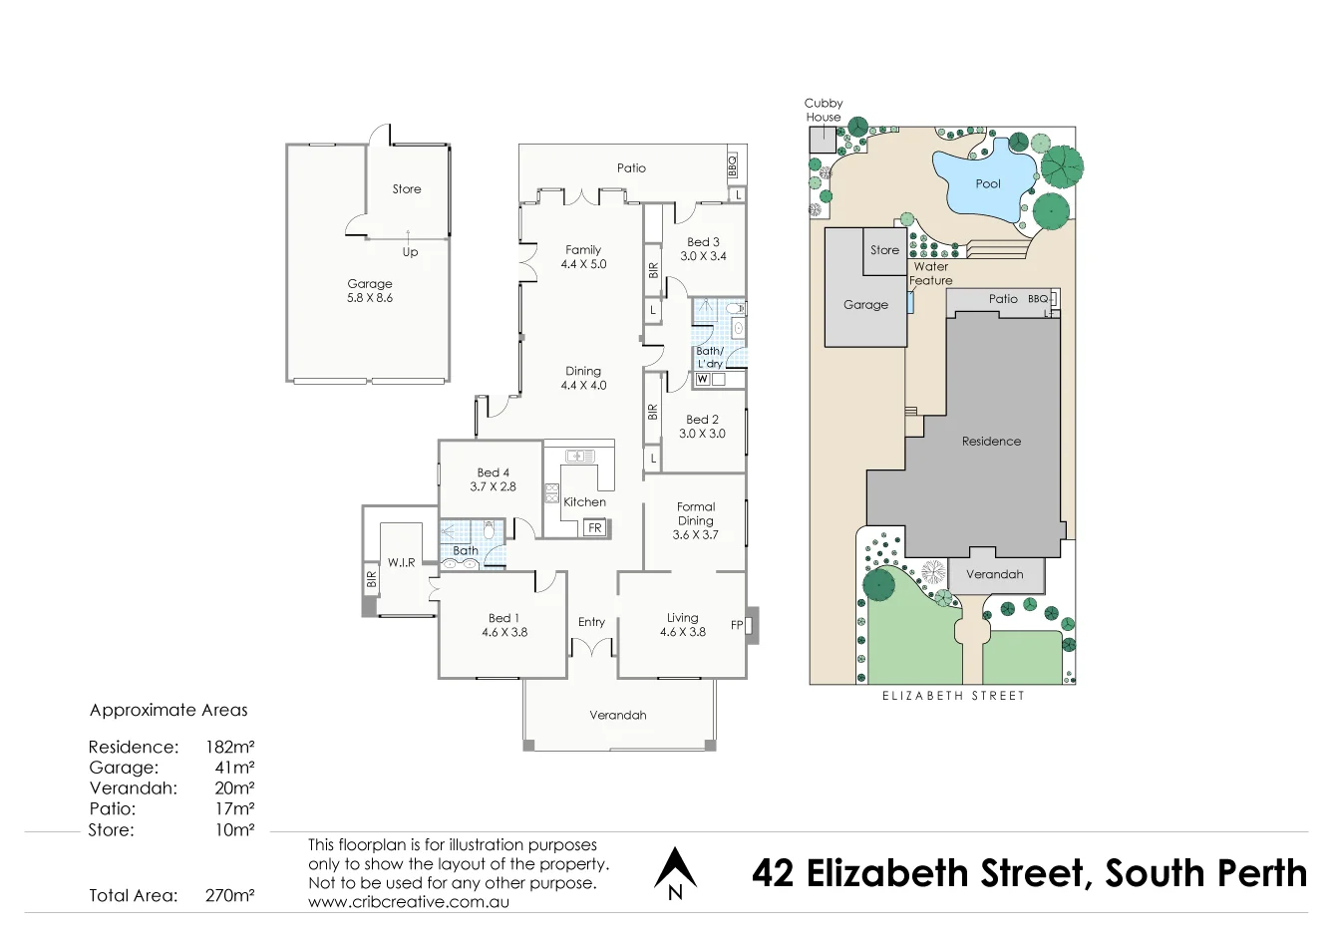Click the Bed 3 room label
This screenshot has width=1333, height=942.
[703, 242]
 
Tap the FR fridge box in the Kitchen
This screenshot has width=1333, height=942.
[595, 528]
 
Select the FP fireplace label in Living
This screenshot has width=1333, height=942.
[737, 625]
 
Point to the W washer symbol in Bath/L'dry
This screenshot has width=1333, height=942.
[703, 380]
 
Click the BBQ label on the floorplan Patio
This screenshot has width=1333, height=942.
[732, 164]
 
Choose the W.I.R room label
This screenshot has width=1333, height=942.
[402, 563]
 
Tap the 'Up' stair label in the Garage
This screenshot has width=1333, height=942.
[410, 252]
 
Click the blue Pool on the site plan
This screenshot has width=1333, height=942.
[987, 184]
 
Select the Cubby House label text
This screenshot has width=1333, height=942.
[824, 110]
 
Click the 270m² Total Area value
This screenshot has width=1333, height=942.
[229, 895]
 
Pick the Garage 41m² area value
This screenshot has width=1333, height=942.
[234, 768]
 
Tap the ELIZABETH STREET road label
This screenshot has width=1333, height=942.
[953, 696]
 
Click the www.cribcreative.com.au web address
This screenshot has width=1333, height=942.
[409, 901]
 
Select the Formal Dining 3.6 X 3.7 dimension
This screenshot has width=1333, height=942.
[695, 535]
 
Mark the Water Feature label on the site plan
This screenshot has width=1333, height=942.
[930, 273]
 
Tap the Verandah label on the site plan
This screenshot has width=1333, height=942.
[994, 574]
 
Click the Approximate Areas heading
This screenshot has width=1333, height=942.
[168, 710]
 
